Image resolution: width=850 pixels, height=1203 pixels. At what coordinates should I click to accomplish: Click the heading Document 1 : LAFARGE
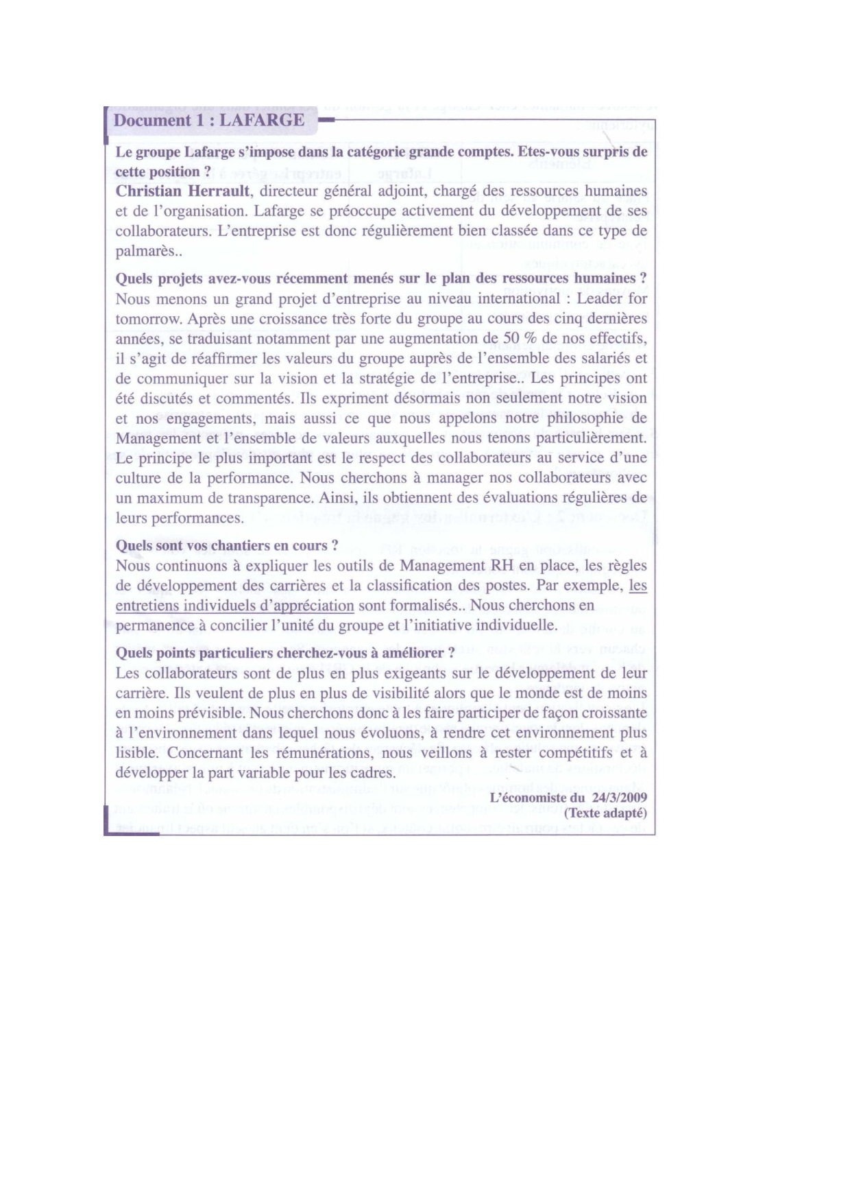[209, 121]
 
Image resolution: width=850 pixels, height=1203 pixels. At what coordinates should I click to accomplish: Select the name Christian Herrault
[182, 191]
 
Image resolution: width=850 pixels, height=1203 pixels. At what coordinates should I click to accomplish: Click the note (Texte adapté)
[605, 813]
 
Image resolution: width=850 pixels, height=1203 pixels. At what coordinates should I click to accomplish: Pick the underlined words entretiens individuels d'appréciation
[234, 606]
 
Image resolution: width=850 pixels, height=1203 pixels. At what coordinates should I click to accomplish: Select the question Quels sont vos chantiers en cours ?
[227, 546]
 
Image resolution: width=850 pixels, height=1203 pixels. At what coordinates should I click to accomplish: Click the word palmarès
[145, 251]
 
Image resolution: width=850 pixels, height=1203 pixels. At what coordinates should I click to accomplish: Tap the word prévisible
[210, 713]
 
